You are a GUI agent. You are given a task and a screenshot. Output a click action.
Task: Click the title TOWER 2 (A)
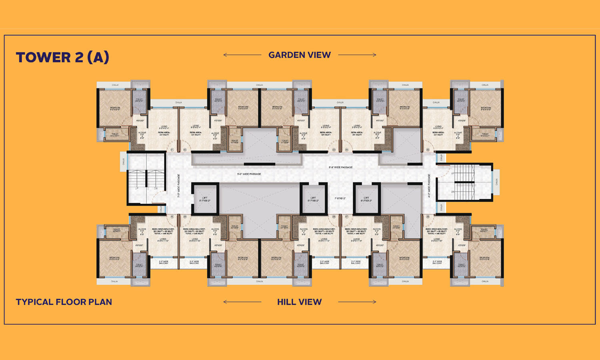pyautogui.click(x=62, y=57)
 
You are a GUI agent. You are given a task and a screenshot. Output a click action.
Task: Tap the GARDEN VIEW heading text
pyautogui.click(x=300, y=55)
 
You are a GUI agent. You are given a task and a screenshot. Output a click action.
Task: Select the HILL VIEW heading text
pyautogui.click(x=299, y=302)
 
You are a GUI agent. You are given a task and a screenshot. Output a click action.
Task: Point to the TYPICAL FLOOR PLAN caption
pyautogui.click(x=64, y=302)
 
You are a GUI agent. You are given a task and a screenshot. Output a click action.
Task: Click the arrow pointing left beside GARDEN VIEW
pyautogui.click(x=242, y=55)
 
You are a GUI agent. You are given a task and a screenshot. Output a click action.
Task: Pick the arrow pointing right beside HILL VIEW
pyautogui.click(x=357, y=302)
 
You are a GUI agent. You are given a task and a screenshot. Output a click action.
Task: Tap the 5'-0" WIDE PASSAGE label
pyautogui.click(x=249, y=174)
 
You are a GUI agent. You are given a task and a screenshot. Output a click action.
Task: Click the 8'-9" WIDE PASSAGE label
pyautogui.click(x=340, y=167)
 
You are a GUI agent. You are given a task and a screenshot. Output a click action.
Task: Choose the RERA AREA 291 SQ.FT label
pyautogui.click(x=356, y=134)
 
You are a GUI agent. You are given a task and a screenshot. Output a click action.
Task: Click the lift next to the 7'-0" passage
pyautogui.click(x=205, y=199)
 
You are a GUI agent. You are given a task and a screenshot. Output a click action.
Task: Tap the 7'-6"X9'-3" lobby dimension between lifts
pyautogui.click(x=340, y=198)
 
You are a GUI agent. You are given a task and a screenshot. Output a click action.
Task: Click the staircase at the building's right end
pyautogui.click(x=464, y=182)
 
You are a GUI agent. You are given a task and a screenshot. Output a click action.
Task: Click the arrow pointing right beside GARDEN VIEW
pyautogui.click(x=357, y=55)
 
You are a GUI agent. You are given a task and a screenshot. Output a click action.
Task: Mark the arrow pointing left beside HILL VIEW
pyautogui.click(x=242, y=302)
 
